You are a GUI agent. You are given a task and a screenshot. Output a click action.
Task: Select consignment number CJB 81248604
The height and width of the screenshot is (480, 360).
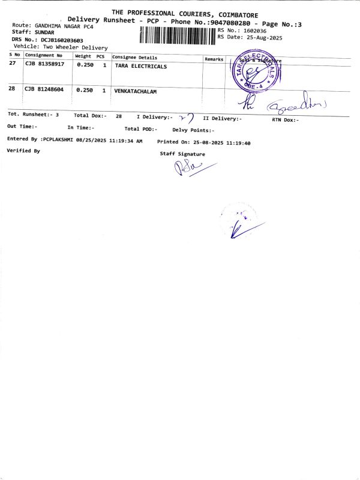pos(44,89)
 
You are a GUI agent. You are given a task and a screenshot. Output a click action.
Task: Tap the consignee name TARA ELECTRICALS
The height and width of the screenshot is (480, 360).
pos(141,67)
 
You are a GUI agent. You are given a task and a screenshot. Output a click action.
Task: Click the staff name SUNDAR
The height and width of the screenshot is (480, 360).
pos(44,32)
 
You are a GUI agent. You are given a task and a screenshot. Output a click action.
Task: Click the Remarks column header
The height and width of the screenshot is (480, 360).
pos(214,59)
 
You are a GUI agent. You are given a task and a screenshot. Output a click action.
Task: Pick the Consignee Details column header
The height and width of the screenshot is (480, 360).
pos(135,57)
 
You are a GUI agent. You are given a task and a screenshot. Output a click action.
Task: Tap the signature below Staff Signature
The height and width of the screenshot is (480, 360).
pos(191,168)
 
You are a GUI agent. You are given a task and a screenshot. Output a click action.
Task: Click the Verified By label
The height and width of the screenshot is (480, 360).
pos(23,151)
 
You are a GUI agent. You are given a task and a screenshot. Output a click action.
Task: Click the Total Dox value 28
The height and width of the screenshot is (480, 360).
pos(119,115)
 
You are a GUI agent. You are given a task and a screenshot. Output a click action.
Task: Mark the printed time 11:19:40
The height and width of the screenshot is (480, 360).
pos(238,143)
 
